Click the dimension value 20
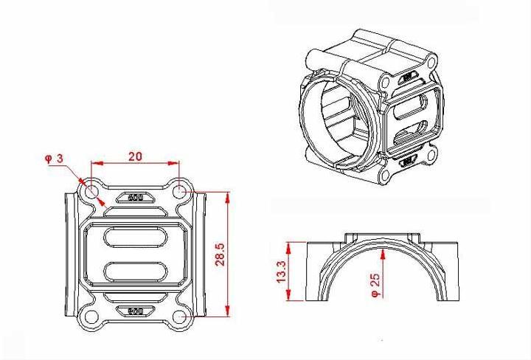tap(135, 156)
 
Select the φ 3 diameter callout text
tap(52, 159)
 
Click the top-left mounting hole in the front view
tap(91, 190)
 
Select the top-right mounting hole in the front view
tap(179, 190)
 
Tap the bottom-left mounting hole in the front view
tap(91, 317)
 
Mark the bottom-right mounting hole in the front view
tap(179, 317)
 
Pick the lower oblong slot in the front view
tap(135, 270)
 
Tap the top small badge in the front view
tap(135, 198)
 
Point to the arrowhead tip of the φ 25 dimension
tap(383, 249)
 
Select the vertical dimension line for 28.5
tap(230, 255)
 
